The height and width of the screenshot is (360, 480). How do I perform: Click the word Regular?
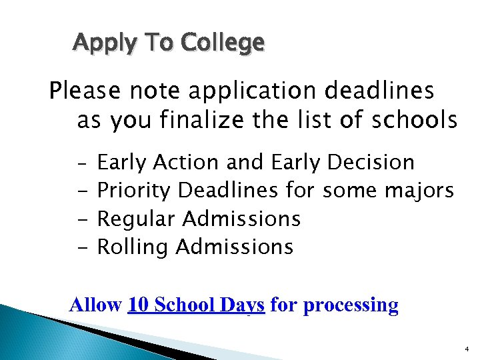click(x=136, y=219)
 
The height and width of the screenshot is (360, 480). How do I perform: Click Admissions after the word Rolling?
click(x=234, y=247)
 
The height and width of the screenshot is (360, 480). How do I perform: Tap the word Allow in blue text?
click(x=95, y=305)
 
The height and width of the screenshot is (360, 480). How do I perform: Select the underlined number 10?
click(x=138, y=305)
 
